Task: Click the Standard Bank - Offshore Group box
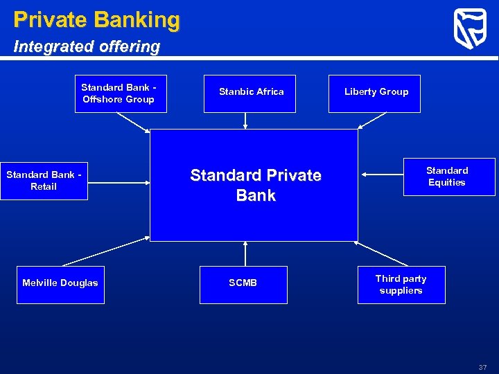click(x=119, y=93)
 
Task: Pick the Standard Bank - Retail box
click(x=44, y=181)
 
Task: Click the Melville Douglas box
click(x=60, y=284)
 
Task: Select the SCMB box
click(x=243, y=284)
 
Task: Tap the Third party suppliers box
click(x=401, y=284)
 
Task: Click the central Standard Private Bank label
click(x=255, y=185)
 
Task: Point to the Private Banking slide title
click(x=96, y=19)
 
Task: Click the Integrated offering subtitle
click(x=87, y=47)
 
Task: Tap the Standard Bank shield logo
click(x=470, y=29)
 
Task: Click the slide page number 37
click(x=482, y=367)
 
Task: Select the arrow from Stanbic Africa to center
click(x=245, y=121)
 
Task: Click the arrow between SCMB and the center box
click(x=245, y=253)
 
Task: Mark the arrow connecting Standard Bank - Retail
click(x=119, y=182)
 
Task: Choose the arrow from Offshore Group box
click(x=133, y=122)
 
